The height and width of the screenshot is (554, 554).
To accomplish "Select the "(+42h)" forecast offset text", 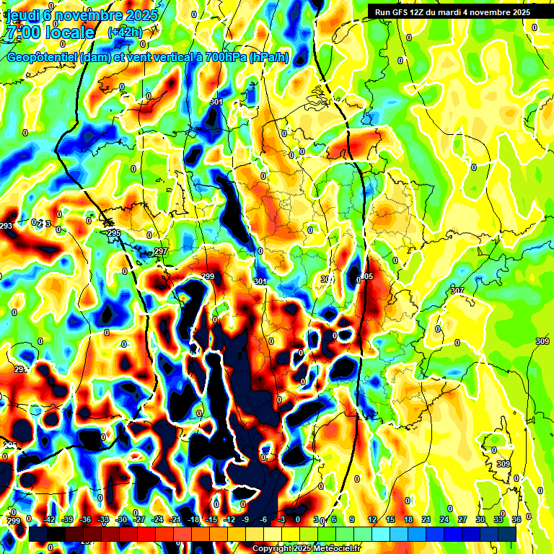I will [124, 32].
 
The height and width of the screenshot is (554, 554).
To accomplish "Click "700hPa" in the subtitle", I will [224, 58].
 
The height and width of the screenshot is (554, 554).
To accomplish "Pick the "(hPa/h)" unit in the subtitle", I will [268, 58].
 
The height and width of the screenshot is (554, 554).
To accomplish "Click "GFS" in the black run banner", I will [397, 12].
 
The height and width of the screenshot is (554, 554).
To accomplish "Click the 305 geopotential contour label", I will [366, 277].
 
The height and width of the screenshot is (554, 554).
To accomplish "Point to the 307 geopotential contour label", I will [457, 291].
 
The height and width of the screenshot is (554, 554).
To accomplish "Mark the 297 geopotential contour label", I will [160, 251].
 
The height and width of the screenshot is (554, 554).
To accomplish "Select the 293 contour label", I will [6, 227].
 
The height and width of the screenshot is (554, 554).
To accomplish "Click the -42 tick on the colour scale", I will [49, 519].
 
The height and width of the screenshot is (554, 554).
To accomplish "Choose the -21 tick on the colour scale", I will [175, 519].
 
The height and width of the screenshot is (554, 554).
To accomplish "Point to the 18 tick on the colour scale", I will [408, 519].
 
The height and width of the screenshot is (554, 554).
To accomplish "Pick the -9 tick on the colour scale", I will [246, 519].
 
